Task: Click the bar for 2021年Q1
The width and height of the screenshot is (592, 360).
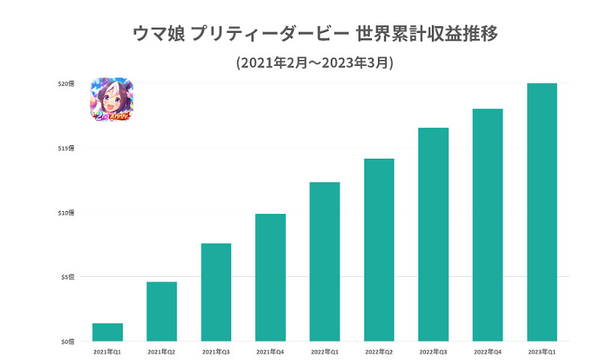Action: click(107, 332)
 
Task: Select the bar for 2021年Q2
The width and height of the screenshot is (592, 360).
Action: click(162, 311)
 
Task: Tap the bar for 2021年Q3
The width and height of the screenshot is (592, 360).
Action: click(216, 292)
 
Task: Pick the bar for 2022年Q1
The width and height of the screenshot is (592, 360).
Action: click(324, 262)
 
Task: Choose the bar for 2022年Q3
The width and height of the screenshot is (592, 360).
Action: click(433, 234)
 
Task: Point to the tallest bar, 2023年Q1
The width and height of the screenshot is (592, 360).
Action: click(542, 212)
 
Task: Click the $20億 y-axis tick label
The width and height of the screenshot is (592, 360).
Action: click(67, 84)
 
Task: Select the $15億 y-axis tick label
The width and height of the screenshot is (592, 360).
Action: click(67, 148)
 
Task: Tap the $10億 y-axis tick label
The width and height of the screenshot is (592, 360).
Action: click(67, 213)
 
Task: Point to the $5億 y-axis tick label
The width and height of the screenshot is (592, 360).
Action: click(68, 277)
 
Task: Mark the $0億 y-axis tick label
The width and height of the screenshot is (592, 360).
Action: click(68, 341)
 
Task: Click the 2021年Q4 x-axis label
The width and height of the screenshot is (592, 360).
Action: click(270, 351)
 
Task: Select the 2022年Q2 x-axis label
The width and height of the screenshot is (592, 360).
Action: click(379, 351)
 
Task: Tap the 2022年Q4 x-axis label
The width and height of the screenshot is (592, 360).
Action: click(487, 351)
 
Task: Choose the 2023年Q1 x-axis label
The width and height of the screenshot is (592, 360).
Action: click(542, 351)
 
